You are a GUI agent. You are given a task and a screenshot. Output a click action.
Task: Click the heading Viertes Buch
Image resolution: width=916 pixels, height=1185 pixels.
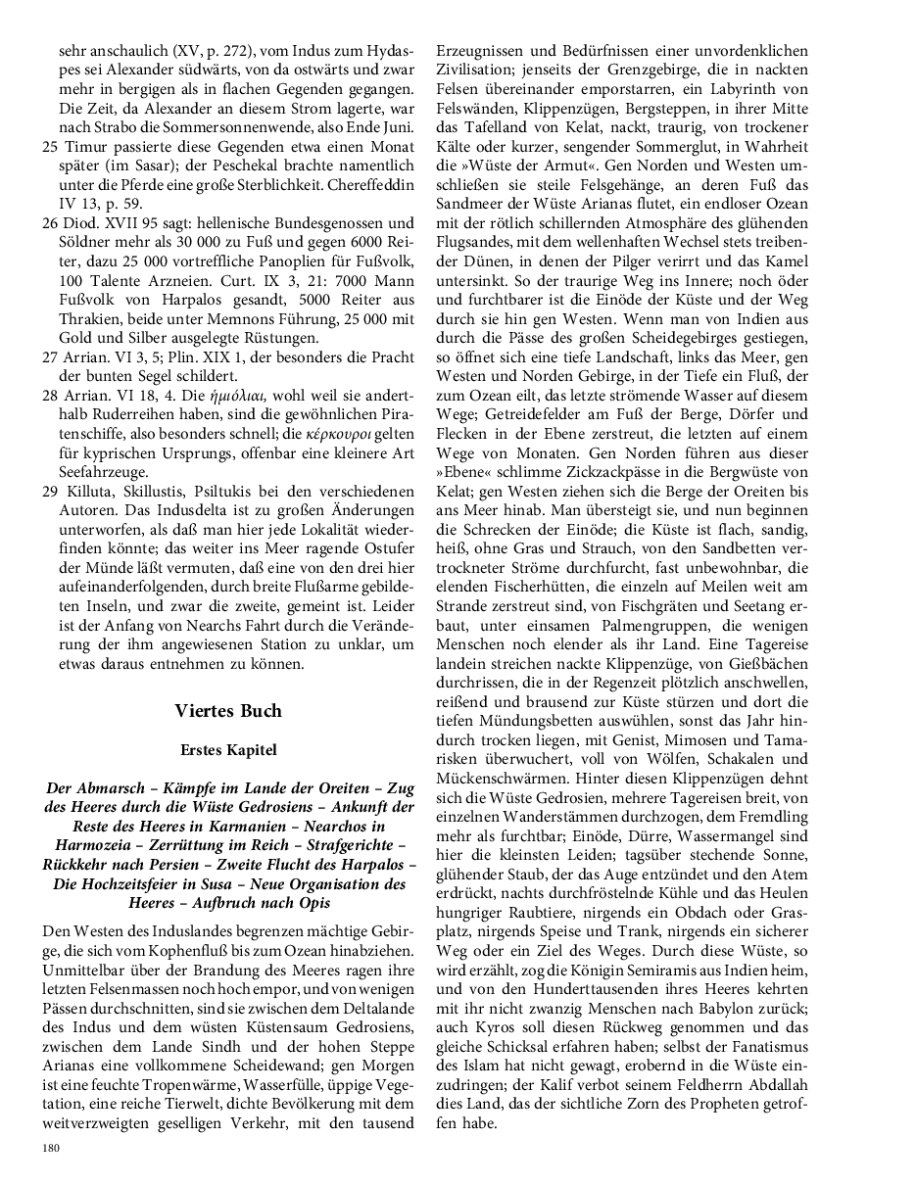coord(228,711)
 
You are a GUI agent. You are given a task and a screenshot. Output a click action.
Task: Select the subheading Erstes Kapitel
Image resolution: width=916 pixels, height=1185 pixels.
coord(228,750)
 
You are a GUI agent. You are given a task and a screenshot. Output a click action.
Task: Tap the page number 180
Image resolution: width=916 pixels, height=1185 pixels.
coord(50,1149)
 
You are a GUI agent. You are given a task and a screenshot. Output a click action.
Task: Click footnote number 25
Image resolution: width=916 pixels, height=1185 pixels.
coord(50,146)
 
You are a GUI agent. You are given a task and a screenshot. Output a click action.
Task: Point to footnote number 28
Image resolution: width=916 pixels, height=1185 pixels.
coord(50,395)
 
